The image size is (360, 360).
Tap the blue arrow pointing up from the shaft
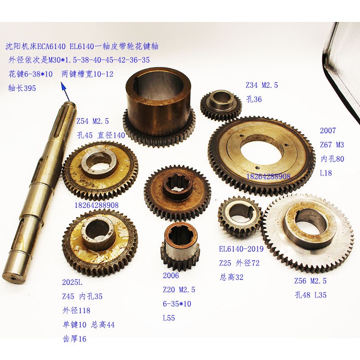(x=67, y=94)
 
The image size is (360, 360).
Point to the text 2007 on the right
(x=328, y=131)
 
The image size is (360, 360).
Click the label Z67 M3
(x=332, y=145)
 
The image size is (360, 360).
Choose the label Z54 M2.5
(x=93, y=121)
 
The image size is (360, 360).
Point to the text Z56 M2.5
(x=310, y=281)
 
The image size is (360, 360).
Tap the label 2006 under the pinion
(x=171, y=275)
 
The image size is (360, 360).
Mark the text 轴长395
(x=22, y=88)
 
